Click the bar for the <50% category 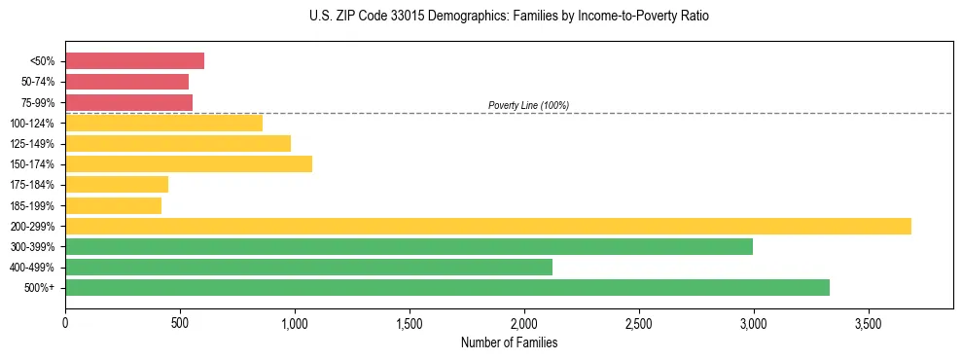point(134,61)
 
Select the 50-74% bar point(126,82)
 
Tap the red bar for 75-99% point(128,102)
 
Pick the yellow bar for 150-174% point(189,163)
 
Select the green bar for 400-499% point(308,267)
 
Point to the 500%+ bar point(447,287)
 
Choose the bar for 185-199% point(113,205)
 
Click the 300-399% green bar point(409,246)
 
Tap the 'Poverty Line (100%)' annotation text point(528,105)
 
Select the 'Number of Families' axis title point(509,342)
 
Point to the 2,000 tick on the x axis point(523,322)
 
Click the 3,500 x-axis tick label point(868,322)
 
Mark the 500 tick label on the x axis point(180,322)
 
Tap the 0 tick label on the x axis point(65,322)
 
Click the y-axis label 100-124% point(32,124)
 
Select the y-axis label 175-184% point(32,185)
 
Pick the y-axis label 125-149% point(32,144)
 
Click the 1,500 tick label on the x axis point(409,322)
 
